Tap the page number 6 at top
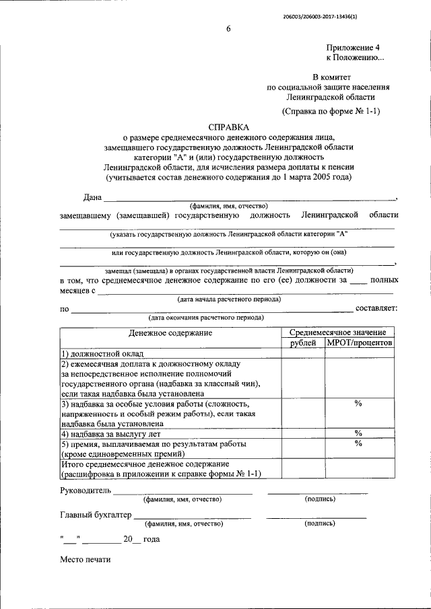228,28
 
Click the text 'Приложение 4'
354,48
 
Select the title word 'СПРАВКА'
228,126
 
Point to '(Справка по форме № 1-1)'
331,111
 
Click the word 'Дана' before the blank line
92,197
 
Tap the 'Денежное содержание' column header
170,332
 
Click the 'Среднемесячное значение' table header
337,332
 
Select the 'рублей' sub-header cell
303,343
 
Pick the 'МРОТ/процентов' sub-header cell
360,343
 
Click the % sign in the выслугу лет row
358,433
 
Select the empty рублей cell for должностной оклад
303,354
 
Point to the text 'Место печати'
85,560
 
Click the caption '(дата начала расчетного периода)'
229,299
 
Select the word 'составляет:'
376,308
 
